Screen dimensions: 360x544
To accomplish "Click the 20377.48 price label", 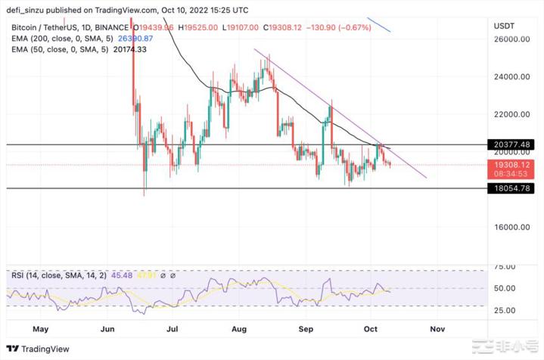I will (x=510, y=144).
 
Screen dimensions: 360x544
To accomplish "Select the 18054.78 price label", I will (x=510, y=188).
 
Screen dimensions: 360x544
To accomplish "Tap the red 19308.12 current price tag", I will (x=510, y=163).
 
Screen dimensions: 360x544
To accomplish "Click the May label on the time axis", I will (x=42, y=330).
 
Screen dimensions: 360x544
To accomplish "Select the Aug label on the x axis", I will (x=240, y=330).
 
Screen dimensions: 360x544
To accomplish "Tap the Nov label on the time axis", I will (x=437, y=330).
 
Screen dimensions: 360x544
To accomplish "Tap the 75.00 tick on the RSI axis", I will (x=505, y=267).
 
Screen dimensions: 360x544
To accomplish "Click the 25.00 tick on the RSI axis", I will (x=505, y=309).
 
